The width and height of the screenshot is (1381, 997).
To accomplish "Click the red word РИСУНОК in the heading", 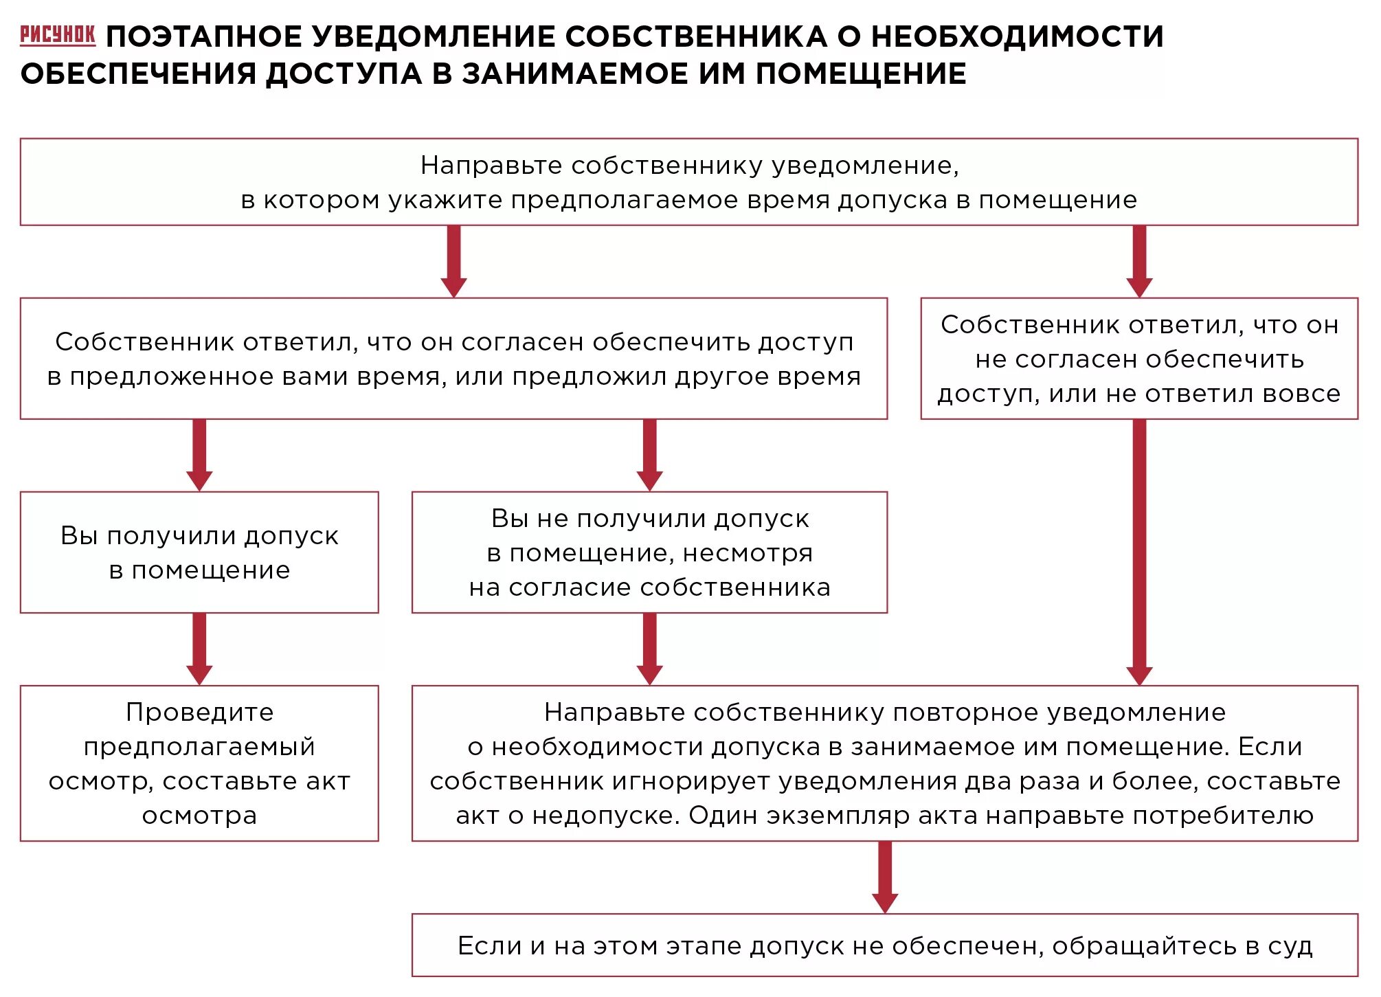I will pyautogui.click(x=58, y=34).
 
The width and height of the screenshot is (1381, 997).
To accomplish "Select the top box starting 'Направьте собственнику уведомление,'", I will pyautogui.click(x=688, y=182).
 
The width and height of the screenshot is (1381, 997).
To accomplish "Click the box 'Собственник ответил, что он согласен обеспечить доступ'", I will pyautogui.click(x=453, y=359).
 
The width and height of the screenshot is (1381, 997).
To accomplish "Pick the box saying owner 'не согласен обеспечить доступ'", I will pyautogui.click(x=1138, y=359).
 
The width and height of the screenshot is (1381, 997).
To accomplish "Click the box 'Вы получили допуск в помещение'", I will pyautogui.click(x=199, y=552).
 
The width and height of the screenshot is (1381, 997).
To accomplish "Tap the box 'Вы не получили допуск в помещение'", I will pyautogui.click(x=649, y=552).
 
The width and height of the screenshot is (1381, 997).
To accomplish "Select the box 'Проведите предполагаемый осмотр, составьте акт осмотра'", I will pyautogui.click(x=199, y=763).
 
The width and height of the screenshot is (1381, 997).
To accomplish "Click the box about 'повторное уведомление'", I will pyautogui.click(x=884, y=763).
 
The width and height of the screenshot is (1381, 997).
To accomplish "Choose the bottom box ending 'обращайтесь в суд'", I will pyautogui.click(x=884, y=945).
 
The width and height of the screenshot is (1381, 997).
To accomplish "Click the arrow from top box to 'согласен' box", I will pyautogui.click(x=453, y=261).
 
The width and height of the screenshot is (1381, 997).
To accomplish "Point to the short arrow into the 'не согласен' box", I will pyautogui.click(x=1139, y=261).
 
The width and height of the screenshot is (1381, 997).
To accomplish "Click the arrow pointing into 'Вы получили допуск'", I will pyautogui.click(x=199, y=455).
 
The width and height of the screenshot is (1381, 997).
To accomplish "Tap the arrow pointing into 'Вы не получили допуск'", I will pyautogui.click(x=649, y=455).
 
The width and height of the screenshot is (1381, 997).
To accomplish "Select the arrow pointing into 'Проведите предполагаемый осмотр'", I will pyautogui.click(x=199, y=649).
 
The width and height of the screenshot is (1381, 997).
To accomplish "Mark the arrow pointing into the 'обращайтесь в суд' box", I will pyautogui.click(x=885, y=877).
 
